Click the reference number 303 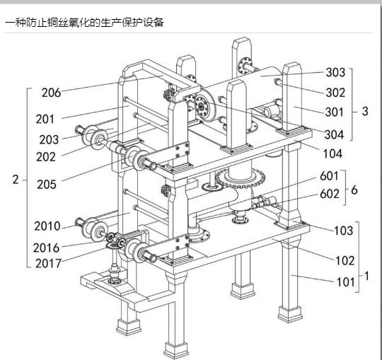tap(335, 72)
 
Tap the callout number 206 tap(51, 93)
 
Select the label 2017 tap(48, 263)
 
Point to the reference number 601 tap(329, 176)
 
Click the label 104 tap(332, 153)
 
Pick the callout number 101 tap(345, 282)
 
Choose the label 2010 tap(47, 226)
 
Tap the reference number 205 tap(47, 185)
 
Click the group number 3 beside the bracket tap(365, 111)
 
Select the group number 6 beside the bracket tap(354, 190)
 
